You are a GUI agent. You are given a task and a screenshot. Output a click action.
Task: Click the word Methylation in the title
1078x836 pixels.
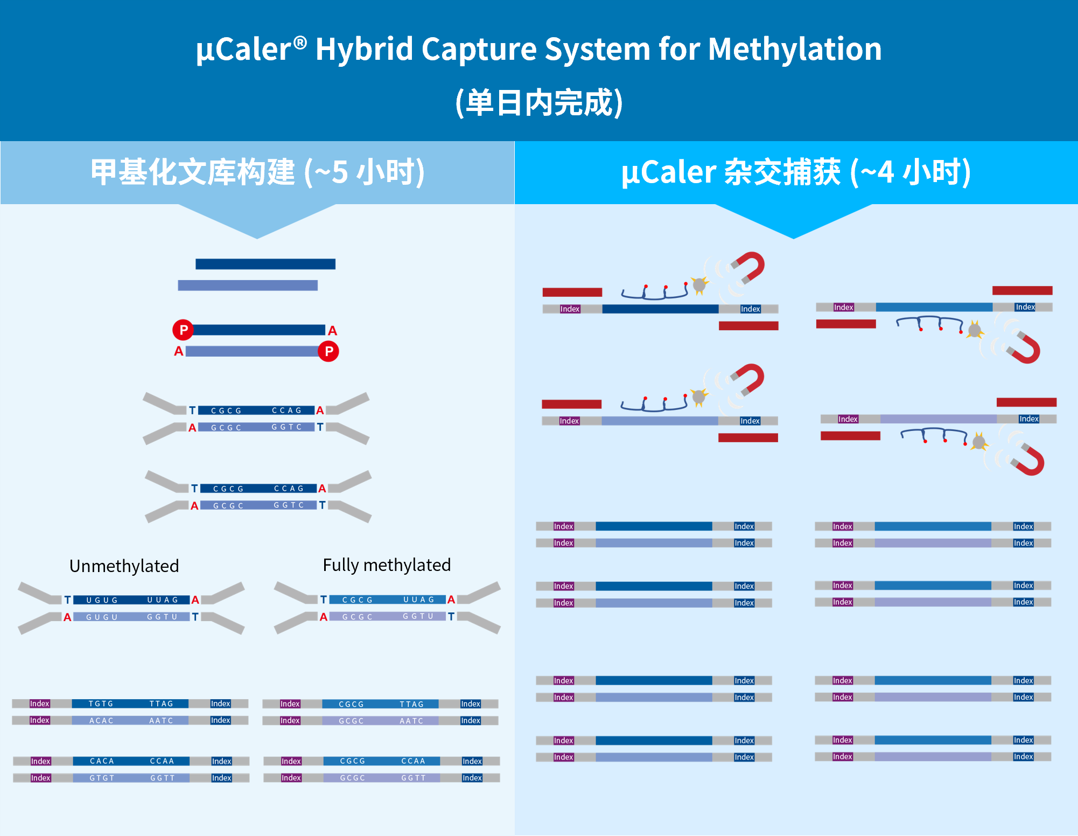tap(795, 50)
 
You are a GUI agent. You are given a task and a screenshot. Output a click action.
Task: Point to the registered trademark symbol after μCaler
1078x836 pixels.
tap(300, 41)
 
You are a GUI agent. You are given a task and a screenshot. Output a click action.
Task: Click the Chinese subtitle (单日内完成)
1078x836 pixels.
tap(539, 102)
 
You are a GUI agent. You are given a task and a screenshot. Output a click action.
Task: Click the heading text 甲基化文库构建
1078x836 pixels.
tap(193, 172)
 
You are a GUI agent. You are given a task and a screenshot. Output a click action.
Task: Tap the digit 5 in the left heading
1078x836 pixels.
tap(340, 172)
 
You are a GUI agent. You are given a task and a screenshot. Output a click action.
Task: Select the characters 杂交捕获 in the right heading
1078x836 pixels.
tap(782, 172)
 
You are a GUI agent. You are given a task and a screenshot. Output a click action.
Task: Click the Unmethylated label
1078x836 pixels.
tap(124, 566)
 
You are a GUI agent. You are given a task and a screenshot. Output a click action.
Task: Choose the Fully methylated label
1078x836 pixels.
tap(387, 565)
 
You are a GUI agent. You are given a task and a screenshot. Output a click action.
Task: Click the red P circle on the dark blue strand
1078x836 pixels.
tap(183, 330)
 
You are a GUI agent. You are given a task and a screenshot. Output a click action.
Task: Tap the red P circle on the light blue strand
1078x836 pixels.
tap(328, 351)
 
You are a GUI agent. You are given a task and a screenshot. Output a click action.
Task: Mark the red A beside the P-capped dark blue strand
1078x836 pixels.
tap(333, 331)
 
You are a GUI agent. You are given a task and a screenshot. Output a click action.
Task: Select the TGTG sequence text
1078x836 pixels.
tap(101, 703)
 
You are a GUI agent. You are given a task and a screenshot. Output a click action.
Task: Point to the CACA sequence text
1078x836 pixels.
tap(102, 761)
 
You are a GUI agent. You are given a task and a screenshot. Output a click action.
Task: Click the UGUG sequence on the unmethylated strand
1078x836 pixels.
tap(102, 600)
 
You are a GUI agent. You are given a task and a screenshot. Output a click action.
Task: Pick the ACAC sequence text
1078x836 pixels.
tap(101, 721)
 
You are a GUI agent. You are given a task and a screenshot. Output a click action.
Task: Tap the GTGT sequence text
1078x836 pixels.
tap(102, 778)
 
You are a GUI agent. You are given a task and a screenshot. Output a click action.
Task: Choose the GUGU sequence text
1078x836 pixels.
tap(102, 617)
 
